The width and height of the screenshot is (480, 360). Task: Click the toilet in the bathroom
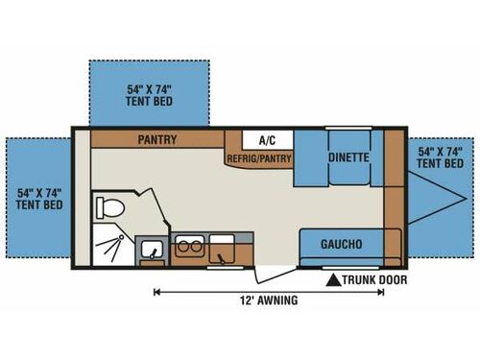click(x=108, y=207)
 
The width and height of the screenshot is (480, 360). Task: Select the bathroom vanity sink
click(x=151, y=252)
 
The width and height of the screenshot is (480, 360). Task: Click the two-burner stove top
click(x=188, y=244)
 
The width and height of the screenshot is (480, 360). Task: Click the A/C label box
click(x=259, y=138)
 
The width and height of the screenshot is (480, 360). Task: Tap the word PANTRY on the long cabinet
click(x=158, y=139)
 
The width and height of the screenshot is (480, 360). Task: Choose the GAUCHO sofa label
click(x=341, y=244)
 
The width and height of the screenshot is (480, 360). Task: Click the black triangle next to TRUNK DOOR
click(x=333, y=280)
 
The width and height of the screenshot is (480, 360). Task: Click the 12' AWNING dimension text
click(x=268, y=300)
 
